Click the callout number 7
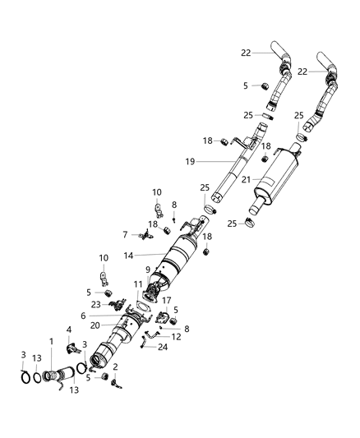(126, 235)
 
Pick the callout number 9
(149, 269)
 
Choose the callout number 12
(177, 337)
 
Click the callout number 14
(128, 256)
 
